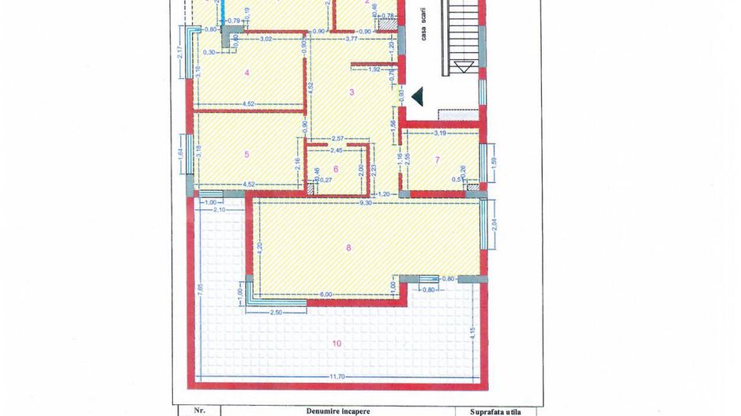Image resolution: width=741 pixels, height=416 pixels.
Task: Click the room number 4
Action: pyautogui.click(x=247, y=73)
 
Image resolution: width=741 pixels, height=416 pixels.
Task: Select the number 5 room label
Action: pyautogui.click(x=247, y=155)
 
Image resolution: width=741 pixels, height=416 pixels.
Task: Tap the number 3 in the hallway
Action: pyautogui.click(x=352, y=92)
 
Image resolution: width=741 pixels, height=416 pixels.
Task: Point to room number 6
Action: pyautogui.click(x=336, y=169)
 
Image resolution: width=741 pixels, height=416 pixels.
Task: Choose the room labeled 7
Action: pyautogui.click(x=438, y=160)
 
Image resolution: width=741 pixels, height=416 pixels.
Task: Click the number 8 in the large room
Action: pyautogui.click(x=349, y=247)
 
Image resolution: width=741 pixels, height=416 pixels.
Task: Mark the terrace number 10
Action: pyautogui.click(x=337, y=343)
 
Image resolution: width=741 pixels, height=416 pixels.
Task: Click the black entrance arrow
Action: pyautogui.click(x=418, y=96)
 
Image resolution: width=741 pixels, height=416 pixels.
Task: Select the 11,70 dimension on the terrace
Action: pyautogui.click(x=336, y=377)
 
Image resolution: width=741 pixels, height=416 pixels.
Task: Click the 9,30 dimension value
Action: pyautogui.click(x=366, y=204)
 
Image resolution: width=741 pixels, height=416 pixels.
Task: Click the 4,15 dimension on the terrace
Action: pyautogui.click(x=471, y=332)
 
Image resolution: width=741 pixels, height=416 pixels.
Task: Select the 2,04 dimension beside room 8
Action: pyautogui.click(x=495, y=234)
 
